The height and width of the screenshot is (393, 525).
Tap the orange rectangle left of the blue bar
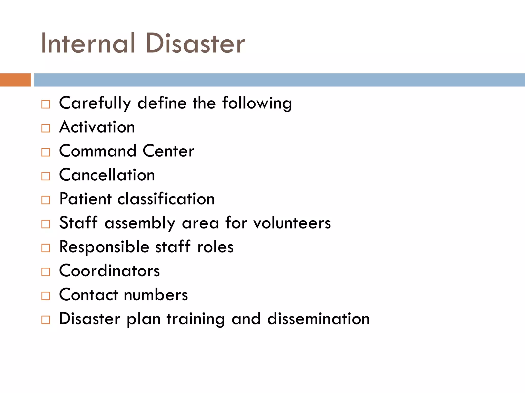[15, 80]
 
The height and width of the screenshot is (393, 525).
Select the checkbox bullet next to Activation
[46, 128]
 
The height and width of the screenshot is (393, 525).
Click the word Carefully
[95, 103]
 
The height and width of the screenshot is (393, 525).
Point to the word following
[257, 103]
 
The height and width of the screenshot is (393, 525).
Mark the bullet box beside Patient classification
[46, 200]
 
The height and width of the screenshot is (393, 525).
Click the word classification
[166, 199]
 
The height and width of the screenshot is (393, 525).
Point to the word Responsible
[104, 247]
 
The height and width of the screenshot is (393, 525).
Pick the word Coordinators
[109, 271]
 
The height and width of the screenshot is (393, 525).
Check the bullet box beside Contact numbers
[46, 296]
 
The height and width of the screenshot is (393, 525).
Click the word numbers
[156, 295]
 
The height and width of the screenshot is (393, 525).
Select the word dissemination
[318, 319]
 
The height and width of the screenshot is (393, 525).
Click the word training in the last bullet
[196, 319]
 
